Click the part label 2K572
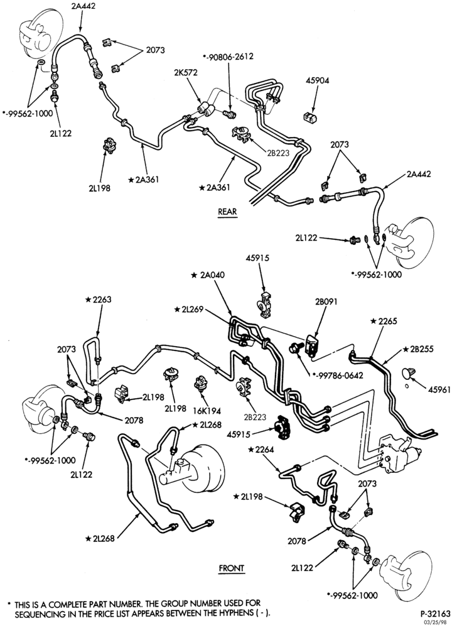pos(186,73)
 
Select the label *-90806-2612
pos(228,57)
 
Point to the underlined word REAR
pos(227,212)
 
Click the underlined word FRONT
pos(232,568)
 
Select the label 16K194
pos(207,411)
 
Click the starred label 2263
pos(98,300)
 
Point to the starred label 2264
pos(261,450)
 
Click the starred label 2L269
pos(190,309)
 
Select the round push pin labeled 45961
pos(407,373)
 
